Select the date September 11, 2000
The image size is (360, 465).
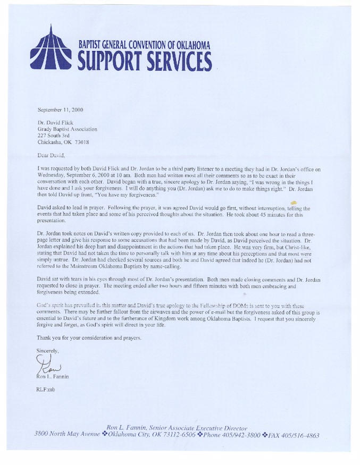60,110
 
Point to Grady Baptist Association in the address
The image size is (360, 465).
68,129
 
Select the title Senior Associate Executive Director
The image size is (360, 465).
202,428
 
